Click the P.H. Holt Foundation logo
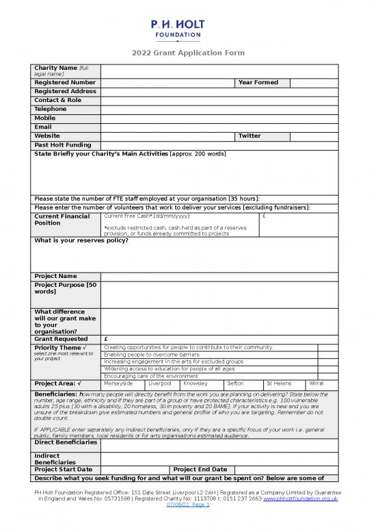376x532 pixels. (x=177, y=31)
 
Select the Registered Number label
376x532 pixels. (x=65, y=83)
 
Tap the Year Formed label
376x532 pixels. (x=258, y=83)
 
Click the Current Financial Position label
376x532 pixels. (x=62, y=220)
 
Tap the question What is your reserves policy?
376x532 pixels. (x=81, y=240)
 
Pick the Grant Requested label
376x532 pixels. (x=61, y=339)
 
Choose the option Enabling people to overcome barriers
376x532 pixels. (x=151, y=355)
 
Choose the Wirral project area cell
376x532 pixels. (x=317, y=383)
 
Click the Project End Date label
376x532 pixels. (x=200, y=469)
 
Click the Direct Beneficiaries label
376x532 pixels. (x=66, y=443)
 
